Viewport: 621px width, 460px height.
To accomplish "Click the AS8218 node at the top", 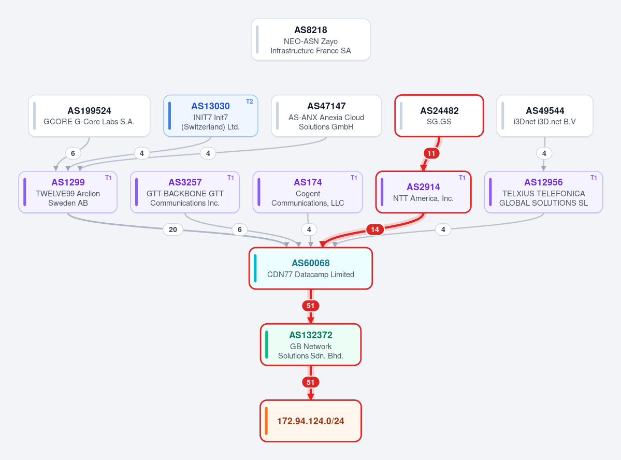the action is (x=311, y=39).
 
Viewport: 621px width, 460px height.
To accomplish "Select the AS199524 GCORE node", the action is (x=89, y=116).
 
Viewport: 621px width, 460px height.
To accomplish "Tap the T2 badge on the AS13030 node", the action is (x=250, y=102).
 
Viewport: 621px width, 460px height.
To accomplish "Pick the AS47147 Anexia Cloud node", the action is (x=326, y=116).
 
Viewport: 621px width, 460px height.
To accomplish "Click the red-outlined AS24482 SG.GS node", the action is (x=439, y=116).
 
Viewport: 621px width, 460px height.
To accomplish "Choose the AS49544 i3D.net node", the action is (x=544, y=116).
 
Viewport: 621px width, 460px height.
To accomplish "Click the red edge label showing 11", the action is (x=431, y=153).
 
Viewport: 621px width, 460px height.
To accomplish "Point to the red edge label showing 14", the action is (x=374, y=229).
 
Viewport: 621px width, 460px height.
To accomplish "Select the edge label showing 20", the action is (x=172, y=229).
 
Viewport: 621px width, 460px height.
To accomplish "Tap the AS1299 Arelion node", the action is (x=68, y=192).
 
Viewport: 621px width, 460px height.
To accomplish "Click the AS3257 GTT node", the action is (x=185, y=192).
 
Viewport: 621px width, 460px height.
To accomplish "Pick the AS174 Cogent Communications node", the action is (x=308, y=192).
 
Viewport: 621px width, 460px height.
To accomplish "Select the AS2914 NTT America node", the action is (x=423, y=192).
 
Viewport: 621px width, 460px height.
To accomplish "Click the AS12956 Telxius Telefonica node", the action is (x=543, y=192).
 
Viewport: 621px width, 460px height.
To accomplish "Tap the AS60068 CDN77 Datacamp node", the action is (x=311, y=268).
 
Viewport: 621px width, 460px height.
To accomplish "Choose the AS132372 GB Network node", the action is (x=311, y=344).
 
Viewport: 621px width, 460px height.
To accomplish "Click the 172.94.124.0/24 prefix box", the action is (x=311, y=421).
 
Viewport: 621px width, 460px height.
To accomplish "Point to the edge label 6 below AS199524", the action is (x=73, y=153).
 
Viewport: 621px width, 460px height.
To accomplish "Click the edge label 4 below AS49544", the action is (x=544, y=153).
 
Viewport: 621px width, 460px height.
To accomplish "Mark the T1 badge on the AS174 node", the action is (x=354, y=178).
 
